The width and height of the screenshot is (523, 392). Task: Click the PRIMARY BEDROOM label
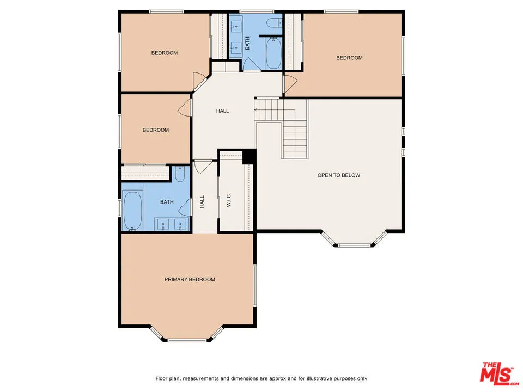190,279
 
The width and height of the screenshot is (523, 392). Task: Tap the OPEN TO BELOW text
338,175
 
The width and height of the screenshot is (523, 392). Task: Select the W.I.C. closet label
229,199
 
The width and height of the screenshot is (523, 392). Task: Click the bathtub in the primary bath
133,211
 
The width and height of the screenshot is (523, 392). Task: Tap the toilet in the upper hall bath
275,22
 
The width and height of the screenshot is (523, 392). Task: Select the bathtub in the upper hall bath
273,53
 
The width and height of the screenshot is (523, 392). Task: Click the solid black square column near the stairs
249,156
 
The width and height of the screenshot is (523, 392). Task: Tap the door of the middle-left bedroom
185,106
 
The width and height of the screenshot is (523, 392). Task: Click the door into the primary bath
186,208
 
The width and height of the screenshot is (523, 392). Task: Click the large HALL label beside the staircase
222,111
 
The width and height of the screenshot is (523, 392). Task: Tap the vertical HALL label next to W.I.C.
202,202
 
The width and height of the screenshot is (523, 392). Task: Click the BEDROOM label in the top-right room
349,58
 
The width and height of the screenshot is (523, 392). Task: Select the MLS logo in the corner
496,373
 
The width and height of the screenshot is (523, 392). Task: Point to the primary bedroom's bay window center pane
188,340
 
